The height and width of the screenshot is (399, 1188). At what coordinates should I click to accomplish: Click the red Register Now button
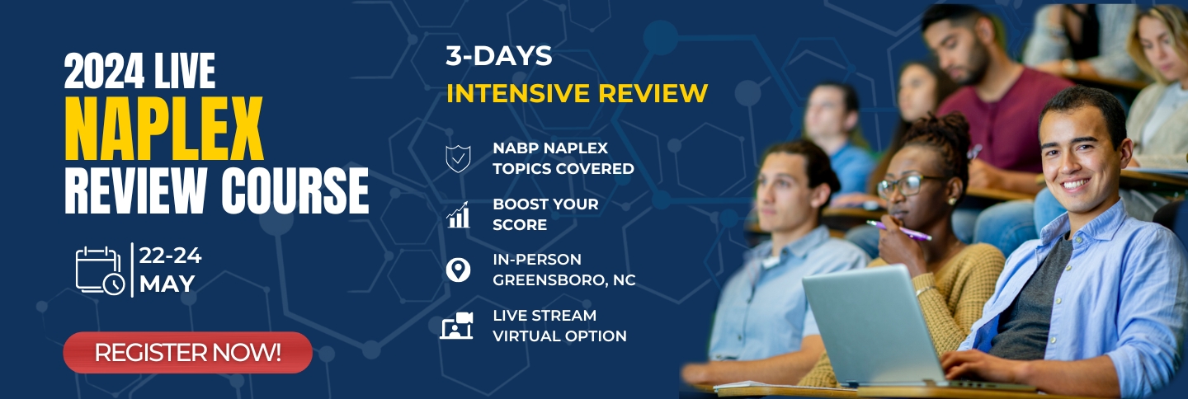188,352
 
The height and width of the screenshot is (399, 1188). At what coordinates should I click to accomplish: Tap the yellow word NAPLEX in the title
164,129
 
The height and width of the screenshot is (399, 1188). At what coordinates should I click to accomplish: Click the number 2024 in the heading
104,71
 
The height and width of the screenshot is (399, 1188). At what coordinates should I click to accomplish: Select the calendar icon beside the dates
100,270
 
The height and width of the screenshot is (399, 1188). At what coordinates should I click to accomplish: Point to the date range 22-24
170,256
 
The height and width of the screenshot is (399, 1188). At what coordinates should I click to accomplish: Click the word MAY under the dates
167,284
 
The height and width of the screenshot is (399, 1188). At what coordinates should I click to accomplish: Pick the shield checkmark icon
458,158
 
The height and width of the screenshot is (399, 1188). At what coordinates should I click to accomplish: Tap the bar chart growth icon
458,214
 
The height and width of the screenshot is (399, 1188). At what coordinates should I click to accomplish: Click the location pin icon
458,270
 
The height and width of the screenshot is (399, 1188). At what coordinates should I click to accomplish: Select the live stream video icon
457,326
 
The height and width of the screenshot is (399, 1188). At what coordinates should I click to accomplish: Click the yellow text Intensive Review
577,93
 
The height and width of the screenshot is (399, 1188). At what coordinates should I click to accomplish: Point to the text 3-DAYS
498,55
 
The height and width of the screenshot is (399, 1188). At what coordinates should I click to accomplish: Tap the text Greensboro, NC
563,279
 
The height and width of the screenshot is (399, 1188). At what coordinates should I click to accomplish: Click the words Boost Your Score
545,214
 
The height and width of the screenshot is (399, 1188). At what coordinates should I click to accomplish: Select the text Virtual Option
559,336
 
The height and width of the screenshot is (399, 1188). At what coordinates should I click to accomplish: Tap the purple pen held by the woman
899,231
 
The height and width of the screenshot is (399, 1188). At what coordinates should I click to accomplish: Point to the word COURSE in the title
295,191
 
